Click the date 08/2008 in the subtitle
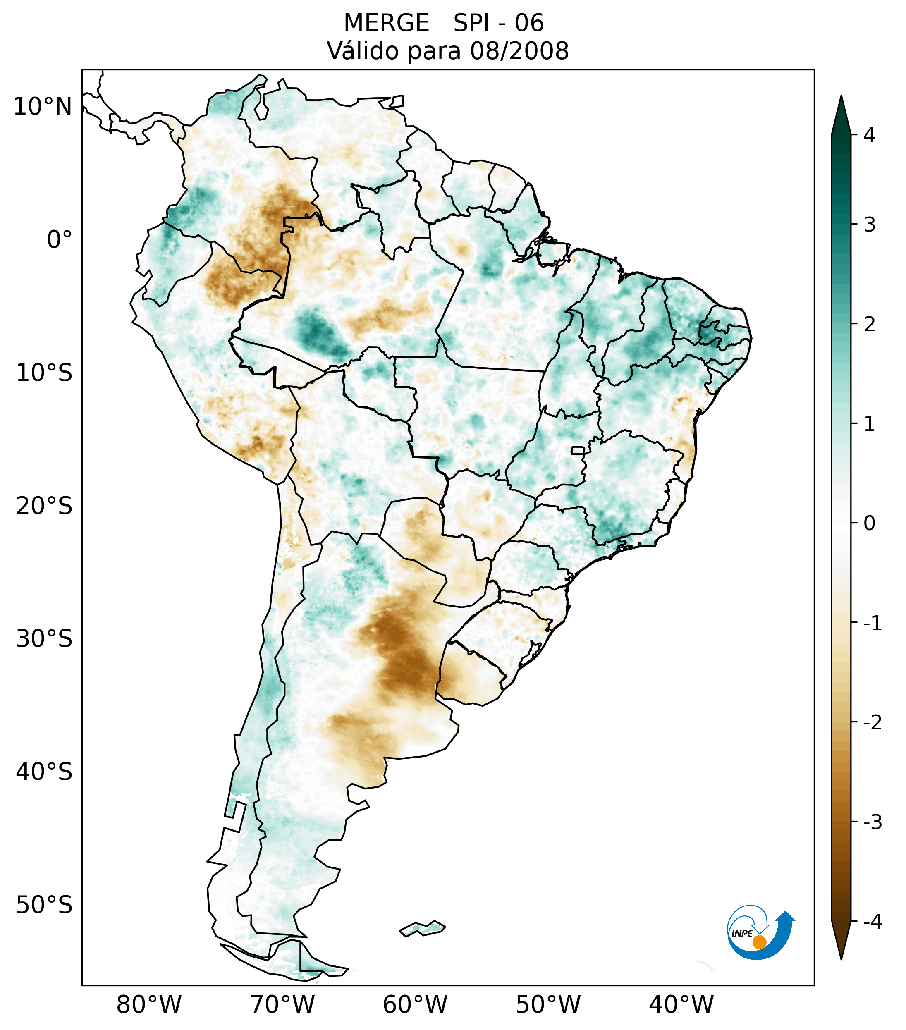pyautogui.click(x=519, y=51)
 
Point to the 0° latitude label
pyautogui.click(x=60, y=240)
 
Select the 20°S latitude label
pyautogui.click(x=44, y=506)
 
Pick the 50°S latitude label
pyautogui.click(x=44, y=906)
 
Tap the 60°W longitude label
pyautogui.click(x=415, y=1005)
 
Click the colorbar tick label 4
pyautogui.click(x=869, y=135)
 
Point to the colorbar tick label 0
pyautogui.click(x=869, y=523)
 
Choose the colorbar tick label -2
pyautogui.click(x=872, y=723)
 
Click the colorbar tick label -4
pyautogui.click(x=872, y=922)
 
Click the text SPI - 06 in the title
pyautogui.click(x=498, y=23)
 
